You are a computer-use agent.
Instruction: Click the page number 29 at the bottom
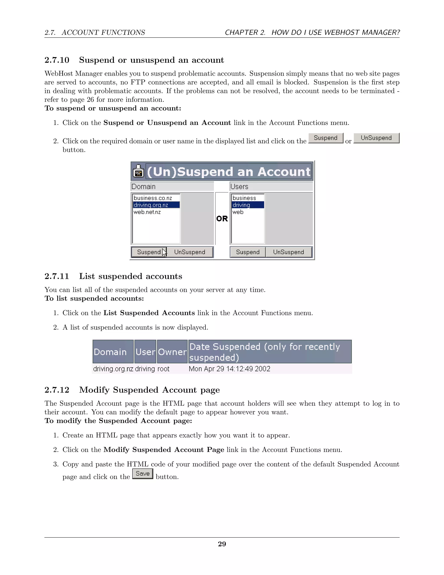point(222,544)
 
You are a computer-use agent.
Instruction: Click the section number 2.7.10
point(57,60)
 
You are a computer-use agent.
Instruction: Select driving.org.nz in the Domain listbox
point(151,205)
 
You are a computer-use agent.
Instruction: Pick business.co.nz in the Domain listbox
point(153,198)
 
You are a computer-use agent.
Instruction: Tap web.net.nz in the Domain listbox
point(147,212)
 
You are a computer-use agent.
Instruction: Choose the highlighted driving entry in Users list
point(242,205)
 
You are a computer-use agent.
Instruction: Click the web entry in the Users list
point(238,212)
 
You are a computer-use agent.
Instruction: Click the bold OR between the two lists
point(222,218)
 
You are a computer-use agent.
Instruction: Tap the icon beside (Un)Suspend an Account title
point(138,171)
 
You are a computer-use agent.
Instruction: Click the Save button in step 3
point(143,474)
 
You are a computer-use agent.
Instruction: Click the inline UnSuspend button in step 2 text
point(376,138)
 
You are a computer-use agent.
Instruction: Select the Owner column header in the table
point(172,352)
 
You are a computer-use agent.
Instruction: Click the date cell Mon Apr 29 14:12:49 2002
point(229,369)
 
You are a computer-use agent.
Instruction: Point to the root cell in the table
point(163,369)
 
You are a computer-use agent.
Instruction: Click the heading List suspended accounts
point(131,276)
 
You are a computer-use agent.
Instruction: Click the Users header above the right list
point(239,186)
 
